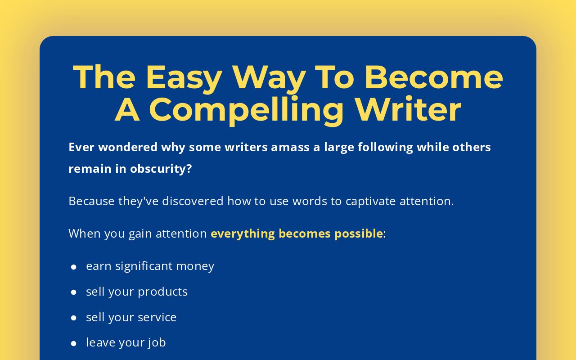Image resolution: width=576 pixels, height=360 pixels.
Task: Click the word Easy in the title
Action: (184, 78)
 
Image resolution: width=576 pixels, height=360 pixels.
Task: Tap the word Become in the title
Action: (434, 77)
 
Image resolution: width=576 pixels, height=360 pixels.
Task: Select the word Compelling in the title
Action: (246, 111)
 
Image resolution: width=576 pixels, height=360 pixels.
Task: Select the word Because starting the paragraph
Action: (91, 201)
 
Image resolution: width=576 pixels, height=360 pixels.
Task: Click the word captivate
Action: (370, 202)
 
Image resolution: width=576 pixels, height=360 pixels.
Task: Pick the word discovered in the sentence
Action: (193, 201)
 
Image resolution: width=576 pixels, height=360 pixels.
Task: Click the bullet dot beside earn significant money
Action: (73, 267)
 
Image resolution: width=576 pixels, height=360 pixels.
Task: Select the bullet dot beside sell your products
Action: (73, 292)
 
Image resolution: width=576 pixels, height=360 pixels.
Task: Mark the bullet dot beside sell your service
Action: (73, 318)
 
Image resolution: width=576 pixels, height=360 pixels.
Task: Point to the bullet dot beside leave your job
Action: (73, 343)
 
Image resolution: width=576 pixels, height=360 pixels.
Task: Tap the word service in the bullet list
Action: (157, 318)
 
